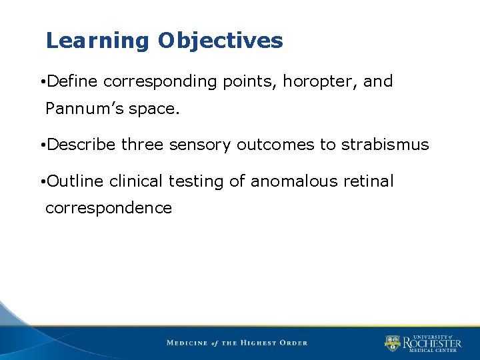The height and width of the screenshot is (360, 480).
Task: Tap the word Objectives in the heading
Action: pos(221,41)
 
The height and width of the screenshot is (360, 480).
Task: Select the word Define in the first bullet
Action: pos(73,82)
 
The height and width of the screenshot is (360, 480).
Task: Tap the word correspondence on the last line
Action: pos(109,208)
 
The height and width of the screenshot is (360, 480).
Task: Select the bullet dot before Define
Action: pos(43,83)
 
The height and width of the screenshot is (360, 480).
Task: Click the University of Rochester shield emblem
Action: pos(392,343)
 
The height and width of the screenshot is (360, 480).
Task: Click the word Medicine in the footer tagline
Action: pos(187,343)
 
